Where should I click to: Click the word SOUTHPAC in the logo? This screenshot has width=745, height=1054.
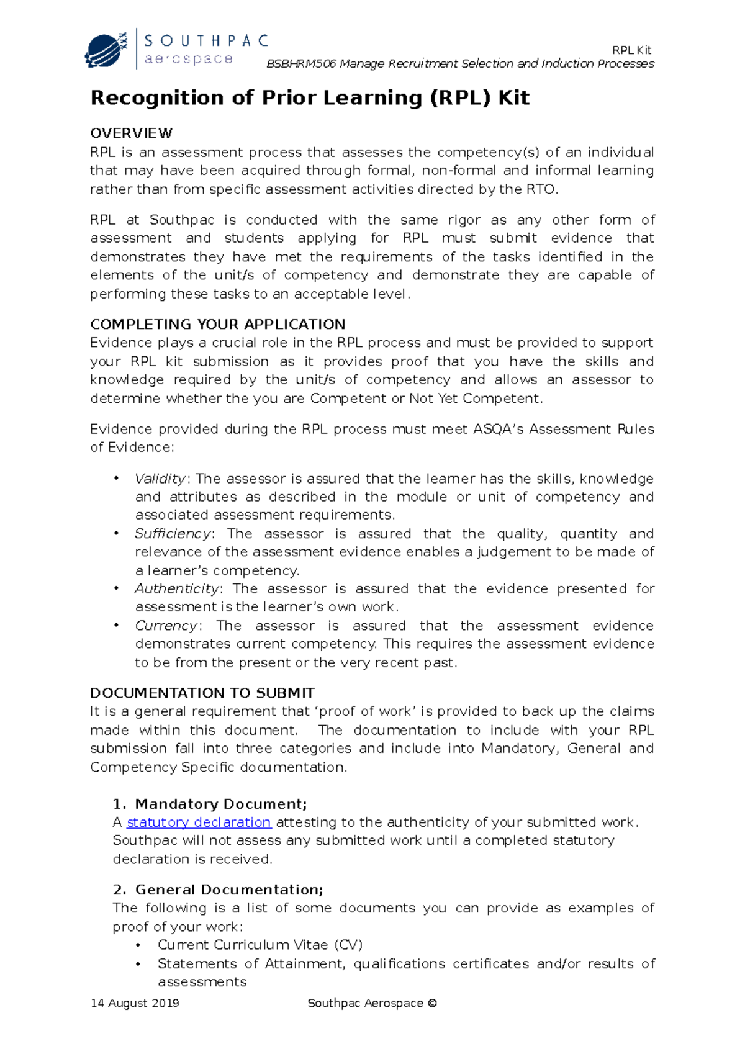206,41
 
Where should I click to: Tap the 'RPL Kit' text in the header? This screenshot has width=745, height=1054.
631,50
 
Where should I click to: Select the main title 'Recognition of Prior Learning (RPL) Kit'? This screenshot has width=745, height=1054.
310,98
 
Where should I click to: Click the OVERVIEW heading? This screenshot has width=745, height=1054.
131,133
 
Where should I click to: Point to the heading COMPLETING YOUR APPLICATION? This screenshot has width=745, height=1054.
217,324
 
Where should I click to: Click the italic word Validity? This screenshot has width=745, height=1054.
160,479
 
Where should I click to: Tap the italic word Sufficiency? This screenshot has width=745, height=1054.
173,534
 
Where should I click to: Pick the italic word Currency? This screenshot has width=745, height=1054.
166,626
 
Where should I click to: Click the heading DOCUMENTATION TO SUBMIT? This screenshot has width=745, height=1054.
202,693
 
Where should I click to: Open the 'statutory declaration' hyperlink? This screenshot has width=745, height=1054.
199,822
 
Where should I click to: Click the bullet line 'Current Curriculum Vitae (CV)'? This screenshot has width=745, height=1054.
260,945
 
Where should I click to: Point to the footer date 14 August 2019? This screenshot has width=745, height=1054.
135,1003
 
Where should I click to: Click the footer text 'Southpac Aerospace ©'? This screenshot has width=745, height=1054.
372,1003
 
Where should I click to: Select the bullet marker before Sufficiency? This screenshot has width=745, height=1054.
116,534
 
